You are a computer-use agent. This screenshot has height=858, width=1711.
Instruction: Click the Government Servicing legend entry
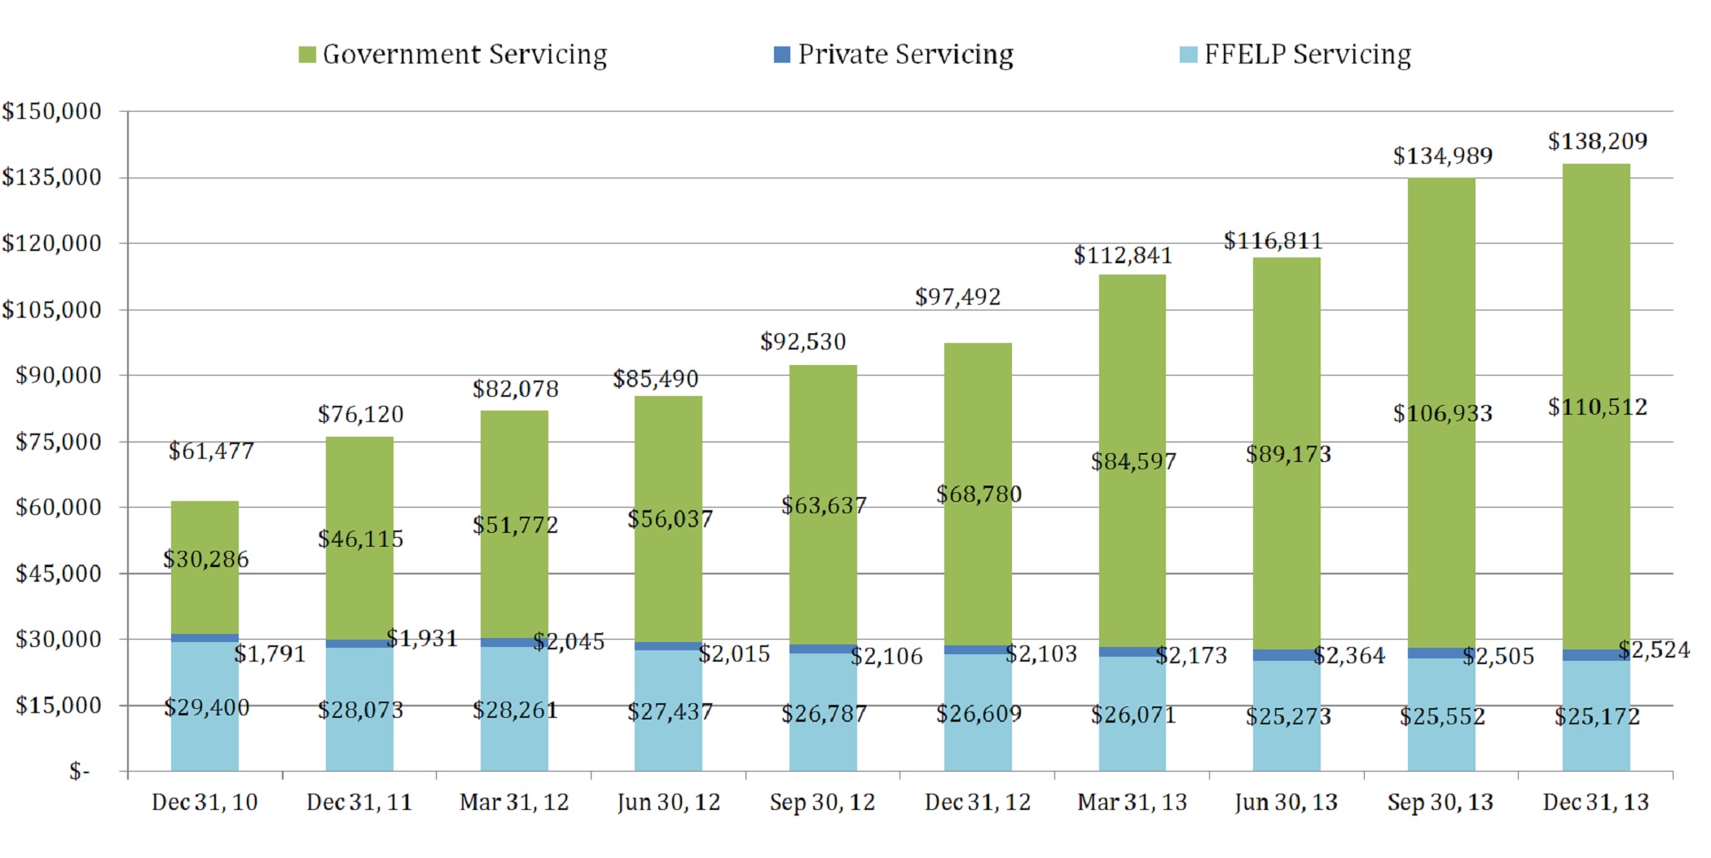(x=453, y=55)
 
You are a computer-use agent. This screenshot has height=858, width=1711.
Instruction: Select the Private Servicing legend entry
(x=894, y=55)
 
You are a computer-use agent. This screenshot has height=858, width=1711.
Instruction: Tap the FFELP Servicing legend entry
(x=1295, y=55)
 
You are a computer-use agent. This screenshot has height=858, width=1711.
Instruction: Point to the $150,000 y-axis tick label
(x=52, y=112)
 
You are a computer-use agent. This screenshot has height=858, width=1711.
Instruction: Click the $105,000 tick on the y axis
(x=52, y=310)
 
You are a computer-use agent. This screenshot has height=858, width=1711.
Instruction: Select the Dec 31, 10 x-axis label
(x=205, y=803)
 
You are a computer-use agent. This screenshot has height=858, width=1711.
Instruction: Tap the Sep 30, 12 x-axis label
(x=822, y=803)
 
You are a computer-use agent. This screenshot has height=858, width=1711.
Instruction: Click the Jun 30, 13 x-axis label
(x=1286, y=803)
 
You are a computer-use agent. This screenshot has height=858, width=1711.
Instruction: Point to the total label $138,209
(x=1597, y=142)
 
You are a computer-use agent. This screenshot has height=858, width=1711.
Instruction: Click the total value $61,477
(x=211, y=451)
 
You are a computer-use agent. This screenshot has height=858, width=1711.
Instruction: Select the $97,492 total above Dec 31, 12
(x=957, y=297)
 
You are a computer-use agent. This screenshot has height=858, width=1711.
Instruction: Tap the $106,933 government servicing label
(x=1442, y=414)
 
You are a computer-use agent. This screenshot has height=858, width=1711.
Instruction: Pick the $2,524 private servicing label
(x=1653, y=650)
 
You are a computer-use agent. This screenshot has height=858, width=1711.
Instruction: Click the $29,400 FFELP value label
(x=206, y=707)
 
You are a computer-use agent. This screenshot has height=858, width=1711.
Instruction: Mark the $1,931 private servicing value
(x=421, y=638)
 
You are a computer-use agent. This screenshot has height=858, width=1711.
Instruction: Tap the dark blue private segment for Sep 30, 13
(x=1441, y=653)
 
